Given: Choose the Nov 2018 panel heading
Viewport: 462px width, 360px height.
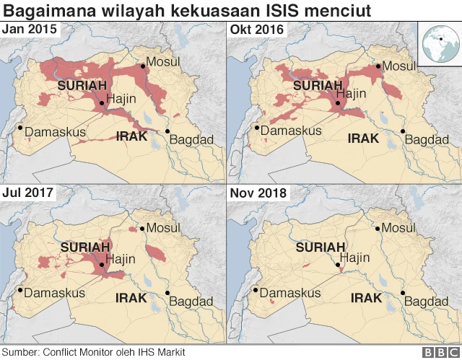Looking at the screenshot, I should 258,193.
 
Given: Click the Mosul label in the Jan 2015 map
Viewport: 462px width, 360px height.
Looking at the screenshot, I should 163,61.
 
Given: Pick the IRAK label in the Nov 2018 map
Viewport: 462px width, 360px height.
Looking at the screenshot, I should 367,297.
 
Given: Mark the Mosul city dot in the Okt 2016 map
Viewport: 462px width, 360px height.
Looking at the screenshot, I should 377,67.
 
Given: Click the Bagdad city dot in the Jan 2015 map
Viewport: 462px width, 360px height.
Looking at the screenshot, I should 167,131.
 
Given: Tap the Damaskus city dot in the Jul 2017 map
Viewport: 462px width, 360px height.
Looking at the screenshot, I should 21,291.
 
